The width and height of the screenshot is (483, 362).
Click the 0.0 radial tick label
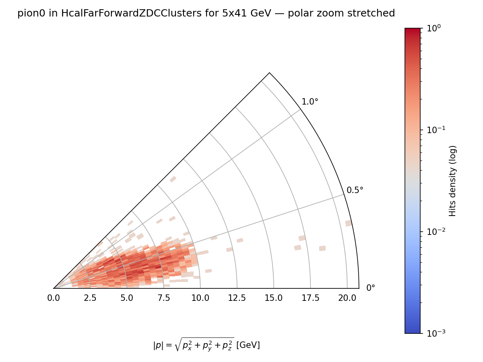coord(54,298)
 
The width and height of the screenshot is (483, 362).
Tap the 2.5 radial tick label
coord(90,298)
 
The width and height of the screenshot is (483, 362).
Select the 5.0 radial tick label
coord(127,298)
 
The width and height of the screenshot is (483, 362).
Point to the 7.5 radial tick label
coord(163,298)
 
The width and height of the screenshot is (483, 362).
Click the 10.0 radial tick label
coord(200,298)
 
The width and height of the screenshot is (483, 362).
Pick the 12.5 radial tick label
coord(237,298)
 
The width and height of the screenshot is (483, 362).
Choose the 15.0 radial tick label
coord(274,298)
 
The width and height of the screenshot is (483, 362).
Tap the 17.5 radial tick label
coord(310,298)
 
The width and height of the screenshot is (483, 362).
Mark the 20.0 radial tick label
coord(347,298)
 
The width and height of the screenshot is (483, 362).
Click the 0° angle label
coord(371,288)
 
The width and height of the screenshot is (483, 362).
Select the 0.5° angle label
coord(355,190)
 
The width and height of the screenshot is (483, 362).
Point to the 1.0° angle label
coord(310,102)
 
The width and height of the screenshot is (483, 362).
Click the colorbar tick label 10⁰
coord(433,28)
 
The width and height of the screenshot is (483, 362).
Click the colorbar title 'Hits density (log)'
coord(453,181)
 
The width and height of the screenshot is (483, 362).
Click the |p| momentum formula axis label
coord(206,345)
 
